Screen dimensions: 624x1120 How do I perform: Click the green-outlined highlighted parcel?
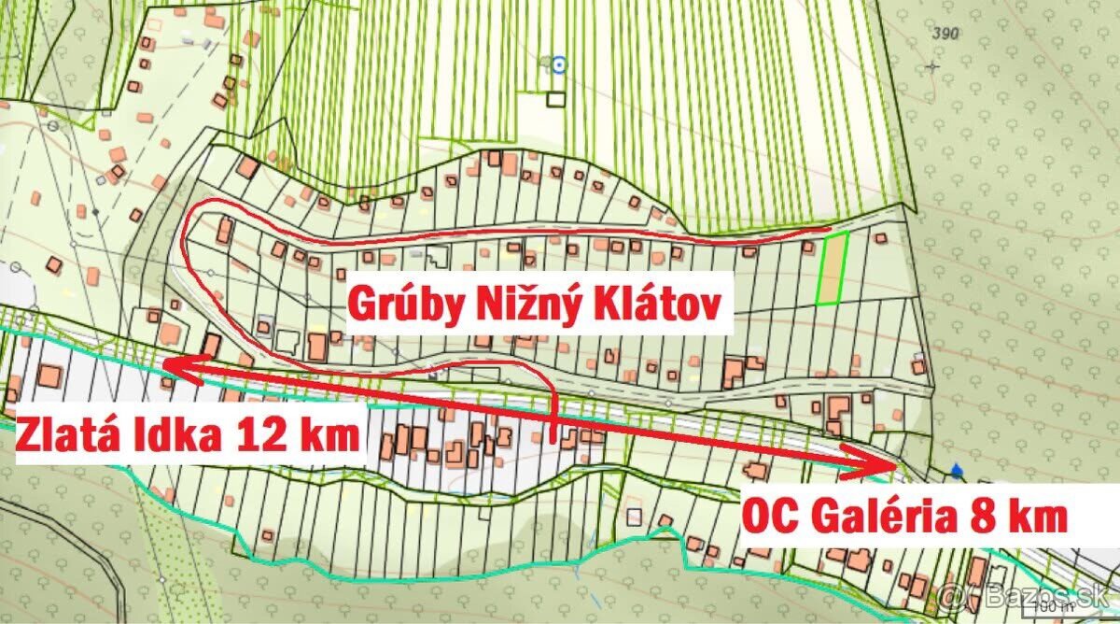click(x=832, y=269)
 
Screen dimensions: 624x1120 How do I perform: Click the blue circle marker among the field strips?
click(x=558, y=64)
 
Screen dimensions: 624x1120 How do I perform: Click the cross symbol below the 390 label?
click(x=931, y=66)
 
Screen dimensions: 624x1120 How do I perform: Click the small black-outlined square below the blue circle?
click(x=557, y=98)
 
